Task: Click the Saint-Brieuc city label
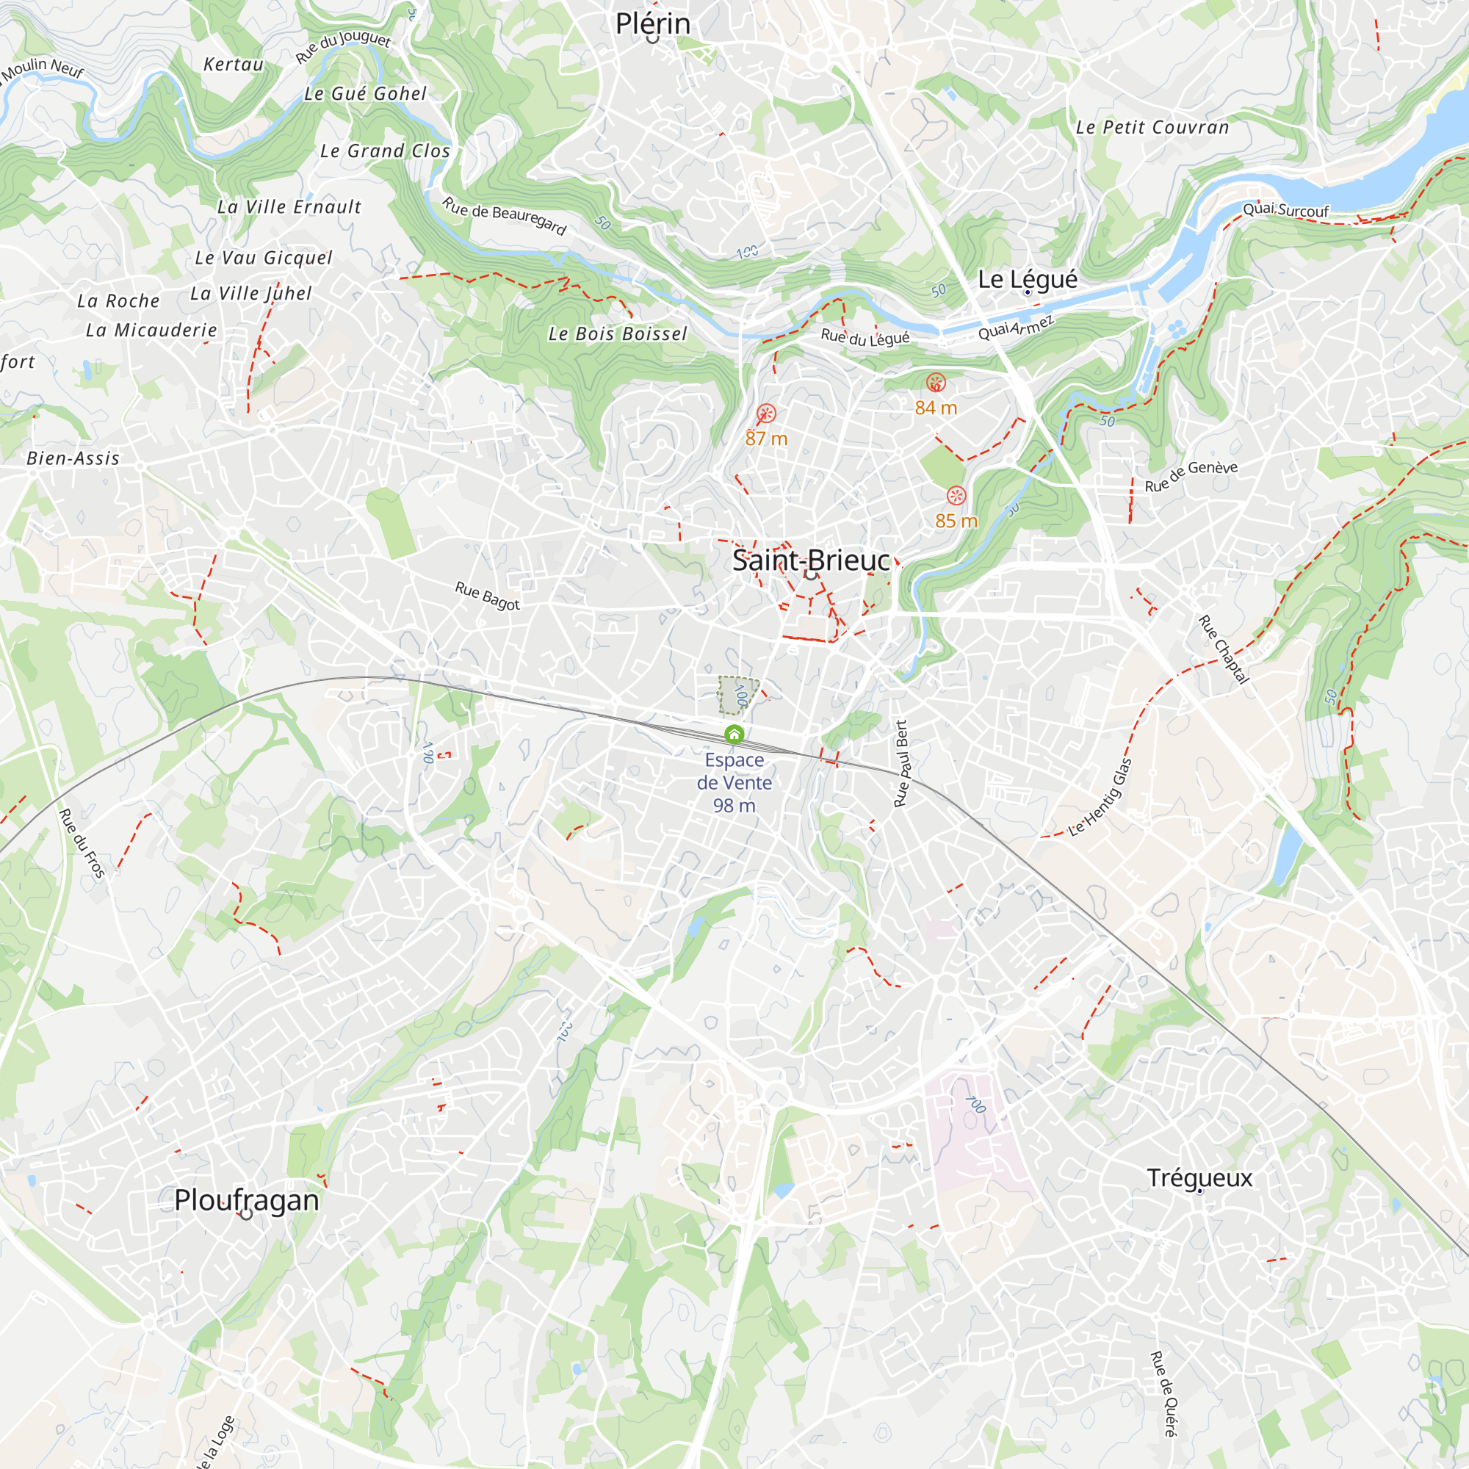811,560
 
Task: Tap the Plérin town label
652,24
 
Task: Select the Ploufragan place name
246,1200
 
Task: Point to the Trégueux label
1199,1178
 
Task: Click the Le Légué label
1028,279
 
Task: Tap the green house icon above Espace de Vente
734,734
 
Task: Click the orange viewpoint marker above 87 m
766,414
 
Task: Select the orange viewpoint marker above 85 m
956,496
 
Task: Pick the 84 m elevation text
935,408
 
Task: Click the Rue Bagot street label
488,596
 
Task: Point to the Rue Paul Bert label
902,763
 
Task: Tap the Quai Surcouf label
1286,210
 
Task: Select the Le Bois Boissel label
618,333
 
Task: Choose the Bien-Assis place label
73,458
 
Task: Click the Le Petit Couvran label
1152,128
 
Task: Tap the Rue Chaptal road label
1224,650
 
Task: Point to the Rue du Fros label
82,843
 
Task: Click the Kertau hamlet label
234,65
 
